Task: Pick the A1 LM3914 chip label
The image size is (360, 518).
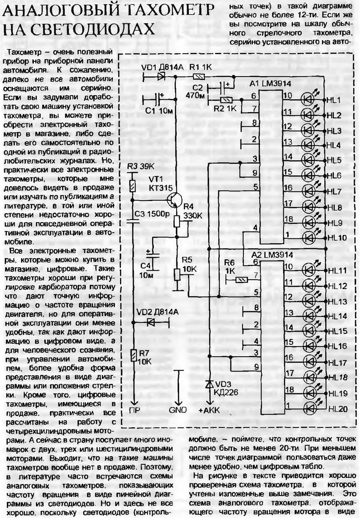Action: (271, 84)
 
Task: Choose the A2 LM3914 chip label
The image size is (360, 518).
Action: (273, 255)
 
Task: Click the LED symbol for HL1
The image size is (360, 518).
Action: (308, 100)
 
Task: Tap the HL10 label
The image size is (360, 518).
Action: (337, 238)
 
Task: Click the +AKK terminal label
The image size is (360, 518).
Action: (208, 411)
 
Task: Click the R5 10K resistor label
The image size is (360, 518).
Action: (189, 264)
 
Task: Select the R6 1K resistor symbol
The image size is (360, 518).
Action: (240, 279)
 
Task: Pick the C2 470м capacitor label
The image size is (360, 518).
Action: (195, 92)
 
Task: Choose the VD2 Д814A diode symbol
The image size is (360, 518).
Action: (152, 322)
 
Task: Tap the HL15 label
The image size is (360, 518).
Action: (337, 331)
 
